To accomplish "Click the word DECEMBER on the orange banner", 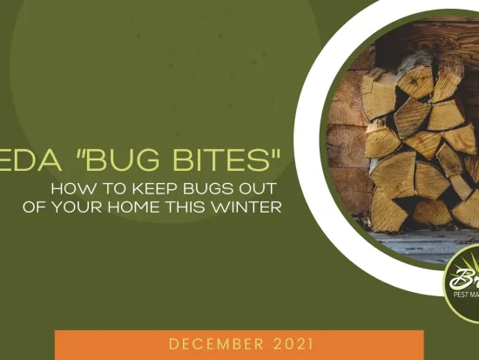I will click(x=215, y=343).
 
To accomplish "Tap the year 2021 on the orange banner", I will click(x=289, y=343).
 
